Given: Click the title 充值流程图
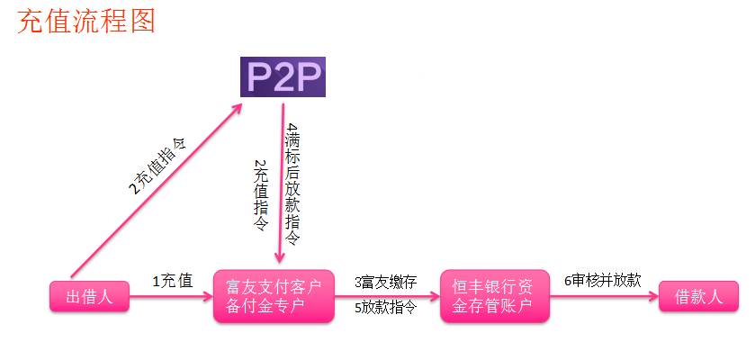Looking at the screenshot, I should (x=86, y=21).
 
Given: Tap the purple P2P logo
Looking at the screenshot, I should (x=282, y=76).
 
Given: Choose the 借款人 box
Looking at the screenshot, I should (x=698, y=296).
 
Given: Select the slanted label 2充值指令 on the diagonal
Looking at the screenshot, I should (x=162, y=166).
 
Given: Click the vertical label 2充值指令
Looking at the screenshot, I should (x=261, y=196).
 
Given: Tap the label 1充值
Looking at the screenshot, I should (x=172, y=281).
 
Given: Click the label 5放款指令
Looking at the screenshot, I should (x=385, y=308).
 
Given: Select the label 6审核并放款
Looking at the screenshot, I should (x=602, y=279).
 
